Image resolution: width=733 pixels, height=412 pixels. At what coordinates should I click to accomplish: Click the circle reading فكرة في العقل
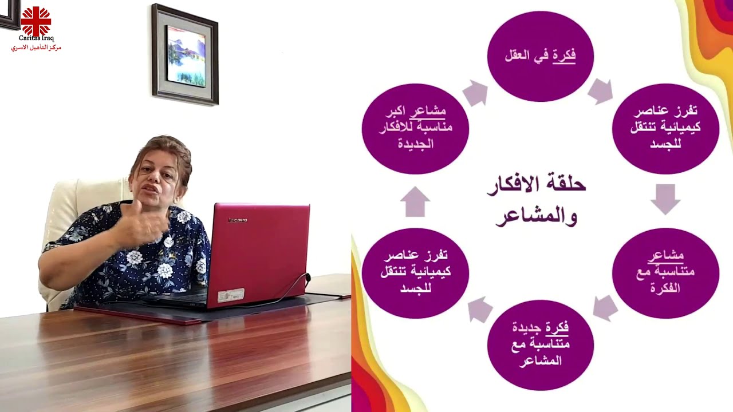[540, 56]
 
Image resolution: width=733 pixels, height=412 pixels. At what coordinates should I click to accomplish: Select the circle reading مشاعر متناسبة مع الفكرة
[665, 272]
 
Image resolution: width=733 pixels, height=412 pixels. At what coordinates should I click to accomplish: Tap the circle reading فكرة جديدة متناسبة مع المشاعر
[540, 344]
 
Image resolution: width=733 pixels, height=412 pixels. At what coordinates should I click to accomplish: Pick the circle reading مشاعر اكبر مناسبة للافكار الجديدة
[415, 128]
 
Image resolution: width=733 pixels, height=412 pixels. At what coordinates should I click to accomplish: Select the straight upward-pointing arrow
[415, 201]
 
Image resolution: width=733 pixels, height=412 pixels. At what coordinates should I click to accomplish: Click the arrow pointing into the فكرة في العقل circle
[475, 93]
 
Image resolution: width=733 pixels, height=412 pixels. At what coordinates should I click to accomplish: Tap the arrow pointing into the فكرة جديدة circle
[605, 308]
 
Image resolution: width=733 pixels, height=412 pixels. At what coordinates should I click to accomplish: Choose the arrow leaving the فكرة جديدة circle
[480, 310]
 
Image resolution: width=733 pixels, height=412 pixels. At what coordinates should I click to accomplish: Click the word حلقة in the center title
[566, 184]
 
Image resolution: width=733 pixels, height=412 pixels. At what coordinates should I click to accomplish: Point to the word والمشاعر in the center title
[536, 217]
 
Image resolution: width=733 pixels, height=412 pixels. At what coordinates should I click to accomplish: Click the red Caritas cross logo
[36, 21]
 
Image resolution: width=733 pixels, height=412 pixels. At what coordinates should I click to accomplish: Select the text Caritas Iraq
[36, 38]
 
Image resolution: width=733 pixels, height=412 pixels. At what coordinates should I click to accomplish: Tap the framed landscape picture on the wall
[185, 55]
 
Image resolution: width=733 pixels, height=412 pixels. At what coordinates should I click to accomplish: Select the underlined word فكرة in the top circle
[564, 56]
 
